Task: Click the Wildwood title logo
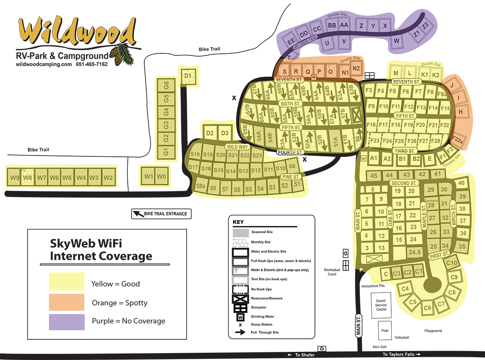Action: (77, 32)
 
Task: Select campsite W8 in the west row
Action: (27, 177)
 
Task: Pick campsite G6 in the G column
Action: (166, 85)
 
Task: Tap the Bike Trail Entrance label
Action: (161, 214)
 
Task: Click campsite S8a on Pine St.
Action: (200, 187)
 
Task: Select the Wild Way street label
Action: (238, 147)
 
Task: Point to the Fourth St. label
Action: (290, 152)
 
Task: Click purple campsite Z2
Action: (425, 25)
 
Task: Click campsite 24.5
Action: (414, 252)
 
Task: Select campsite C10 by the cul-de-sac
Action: (452, 263)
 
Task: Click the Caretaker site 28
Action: (431, 205)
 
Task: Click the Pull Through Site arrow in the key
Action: (240, 333)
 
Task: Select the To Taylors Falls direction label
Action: (402, 354)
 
